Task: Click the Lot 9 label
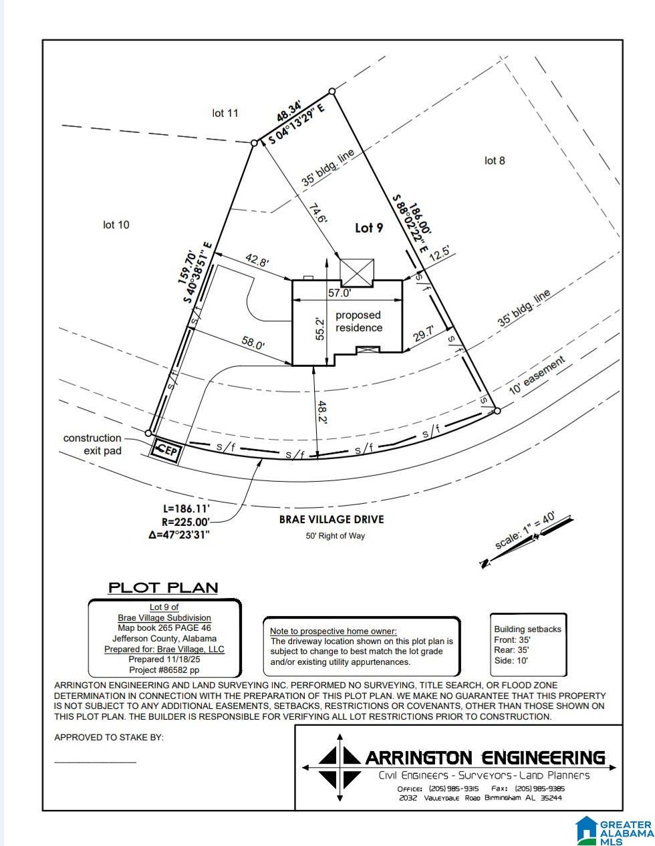369,228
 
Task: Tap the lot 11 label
225,113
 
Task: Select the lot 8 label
495,160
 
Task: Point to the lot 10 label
116,225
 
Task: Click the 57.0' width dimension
339,293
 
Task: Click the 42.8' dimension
257,260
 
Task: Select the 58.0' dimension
253,343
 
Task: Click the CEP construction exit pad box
165,450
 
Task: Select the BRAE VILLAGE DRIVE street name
332,519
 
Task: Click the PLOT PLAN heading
163,588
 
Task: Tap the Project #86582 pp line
164,670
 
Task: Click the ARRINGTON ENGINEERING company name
485,758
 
